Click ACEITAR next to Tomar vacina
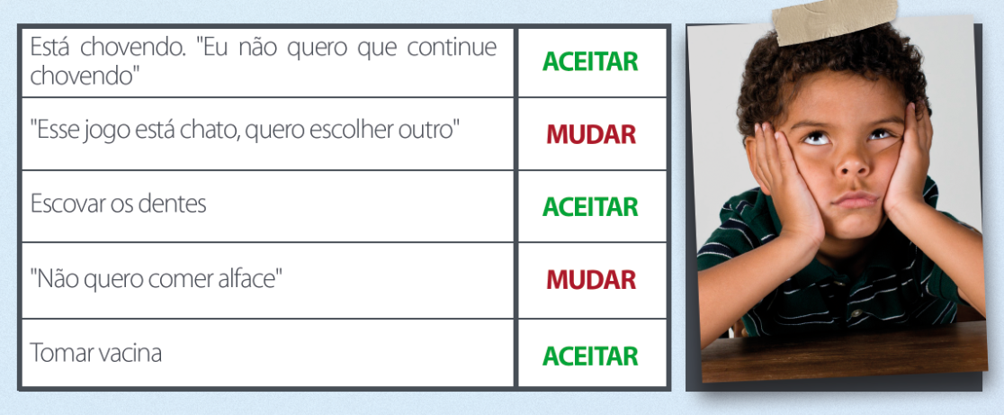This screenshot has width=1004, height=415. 590,356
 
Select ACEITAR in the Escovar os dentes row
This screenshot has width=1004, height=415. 590,206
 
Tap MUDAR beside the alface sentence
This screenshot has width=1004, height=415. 591,279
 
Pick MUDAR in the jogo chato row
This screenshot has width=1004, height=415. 591,134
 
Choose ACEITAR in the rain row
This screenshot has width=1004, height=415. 590,61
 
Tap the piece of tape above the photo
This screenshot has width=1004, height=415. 835,21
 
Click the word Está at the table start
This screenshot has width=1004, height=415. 51,48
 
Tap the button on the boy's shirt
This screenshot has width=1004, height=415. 856,313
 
